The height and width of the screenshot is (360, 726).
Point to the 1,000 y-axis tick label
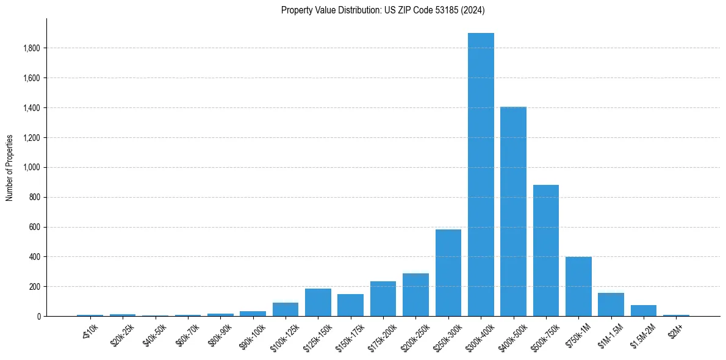click(32, 167)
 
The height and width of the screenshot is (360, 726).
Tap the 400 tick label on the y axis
click(35, 257)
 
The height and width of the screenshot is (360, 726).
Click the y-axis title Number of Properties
click(10, 167)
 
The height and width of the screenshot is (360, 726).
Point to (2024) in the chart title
click(474, 10)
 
